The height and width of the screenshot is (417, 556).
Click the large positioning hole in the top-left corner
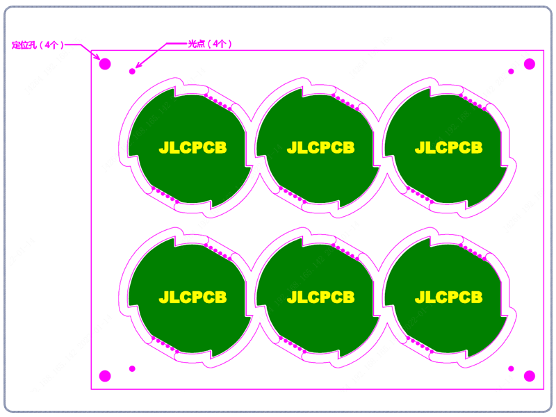coord(105,64)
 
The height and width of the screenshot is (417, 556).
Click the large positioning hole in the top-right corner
coord(530,64)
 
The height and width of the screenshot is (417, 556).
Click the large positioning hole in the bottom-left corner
coord(105,376)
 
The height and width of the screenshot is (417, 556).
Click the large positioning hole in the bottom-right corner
coord(530,376)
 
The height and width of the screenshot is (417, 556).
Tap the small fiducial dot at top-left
coord(132,72)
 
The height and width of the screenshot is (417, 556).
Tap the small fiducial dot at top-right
coord(511,72)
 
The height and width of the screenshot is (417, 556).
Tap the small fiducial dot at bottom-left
coord(132,369)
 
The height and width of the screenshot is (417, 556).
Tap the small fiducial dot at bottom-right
coord(511,369)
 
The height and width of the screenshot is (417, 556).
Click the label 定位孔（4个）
coord(38,45)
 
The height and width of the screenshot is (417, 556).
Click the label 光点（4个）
coord(210,44)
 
